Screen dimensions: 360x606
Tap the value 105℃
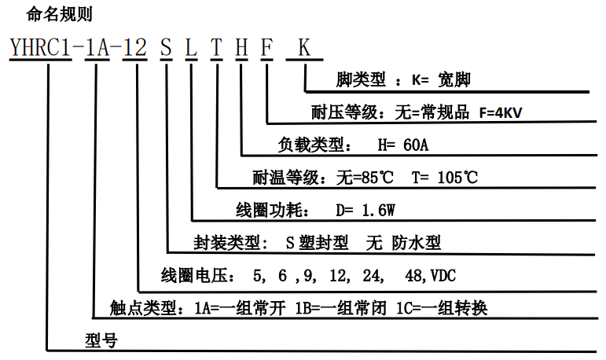click(454, 178)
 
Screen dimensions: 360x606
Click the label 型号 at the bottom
click(100, 340)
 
